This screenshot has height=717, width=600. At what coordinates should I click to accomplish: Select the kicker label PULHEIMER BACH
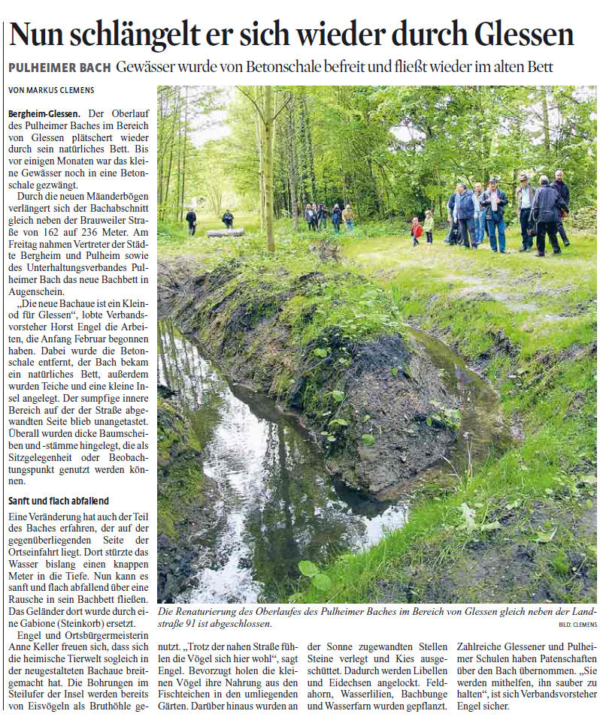coord(59,68)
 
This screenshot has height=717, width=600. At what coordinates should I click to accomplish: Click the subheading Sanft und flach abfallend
coord(59,500)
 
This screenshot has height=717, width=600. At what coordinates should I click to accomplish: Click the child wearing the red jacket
coord(417,230)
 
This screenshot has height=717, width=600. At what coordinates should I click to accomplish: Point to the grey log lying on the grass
coord(226,233)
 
